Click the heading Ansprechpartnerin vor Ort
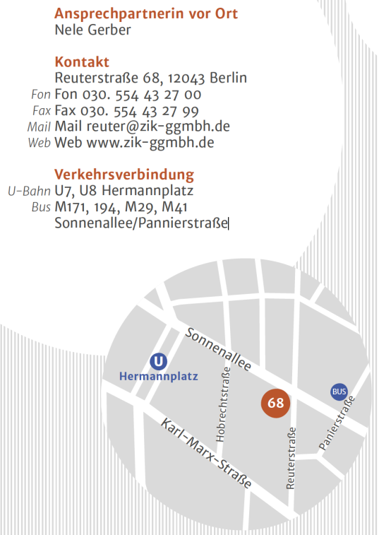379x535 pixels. pyautogui.click(x=145, y=13)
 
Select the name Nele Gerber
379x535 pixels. pyautogui.click(x=92, y=30)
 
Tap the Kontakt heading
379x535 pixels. pyautogui.click(x=81, y=61)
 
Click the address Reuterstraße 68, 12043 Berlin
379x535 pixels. pyautogui.click(x=150, y=78)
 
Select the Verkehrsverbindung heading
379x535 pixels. pyautogui.click(x=124, y=175)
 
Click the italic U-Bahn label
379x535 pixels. pyautogui.click(x=28, y=191)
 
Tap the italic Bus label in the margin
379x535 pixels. pyautogui.click(x=41, y=207)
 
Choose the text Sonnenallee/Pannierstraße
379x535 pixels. pyautogui.click(x=141, y=223)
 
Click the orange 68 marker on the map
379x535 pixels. pyautogui.click(x=276, y=404)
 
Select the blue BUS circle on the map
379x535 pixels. pyautogui.click(x=339, y=391)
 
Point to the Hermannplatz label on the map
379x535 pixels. pyautogui.click(x=159, y=377)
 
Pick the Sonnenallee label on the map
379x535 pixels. pyautogui.click(x=219, y=348)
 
